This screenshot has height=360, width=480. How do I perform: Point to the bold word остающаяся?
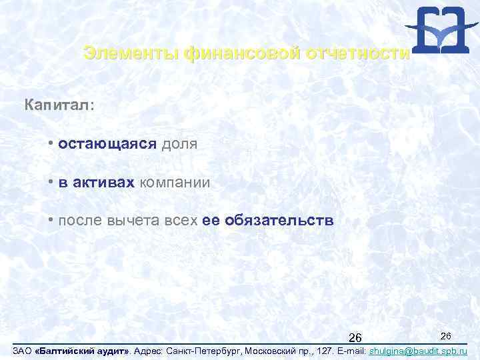coord(107,144)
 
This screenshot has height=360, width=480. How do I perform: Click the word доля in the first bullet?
coord(179,144)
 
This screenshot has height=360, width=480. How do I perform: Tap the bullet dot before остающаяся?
coord(51,144)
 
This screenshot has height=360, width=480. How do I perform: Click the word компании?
coord(174,183)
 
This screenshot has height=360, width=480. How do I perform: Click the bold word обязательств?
coord(279,221)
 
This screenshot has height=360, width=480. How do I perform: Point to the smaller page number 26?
coord(446,334)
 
